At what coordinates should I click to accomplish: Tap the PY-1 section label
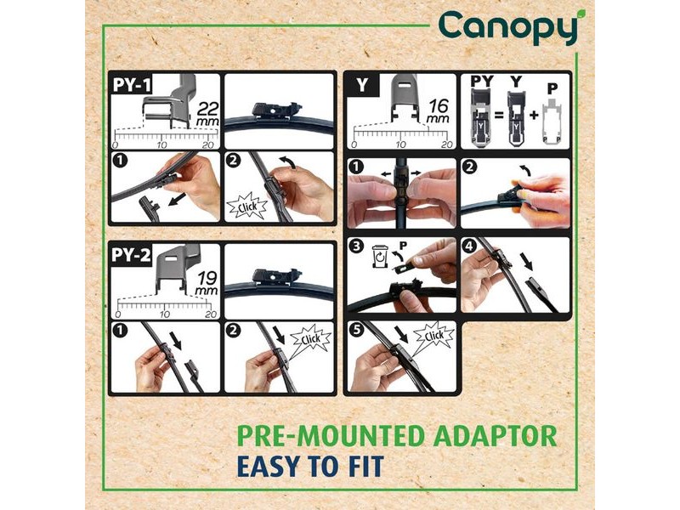132,84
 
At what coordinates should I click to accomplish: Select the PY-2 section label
131,255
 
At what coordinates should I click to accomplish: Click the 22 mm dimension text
207,114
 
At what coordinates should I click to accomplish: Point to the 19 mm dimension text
207,283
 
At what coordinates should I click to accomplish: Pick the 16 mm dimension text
438,111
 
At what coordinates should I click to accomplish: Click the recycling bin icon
380,257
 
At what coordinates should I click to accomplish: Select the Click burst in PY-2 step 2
310,339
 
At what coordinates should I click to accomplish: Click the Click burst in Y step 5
433,335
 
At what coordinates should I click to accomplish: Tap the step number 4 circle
470,246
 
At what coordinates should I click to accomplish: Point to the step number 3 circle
356,246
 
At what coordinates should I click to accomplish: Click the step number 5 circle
356,330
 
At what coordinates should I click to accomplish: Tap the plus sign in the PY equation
534,115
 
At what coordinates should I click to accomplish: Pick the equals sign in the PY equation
499,116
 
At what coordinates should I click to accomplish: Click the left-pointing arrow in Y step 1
386,174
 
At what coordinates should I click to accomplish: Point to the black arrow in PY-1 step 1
177,200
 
